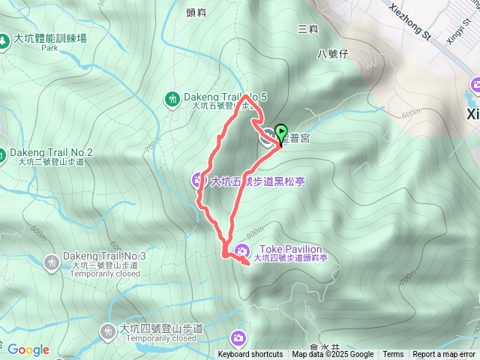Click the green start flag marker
pos(282,133)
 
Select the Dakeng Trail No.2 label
pos(50,152)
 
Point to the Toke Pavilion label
pos(290,249)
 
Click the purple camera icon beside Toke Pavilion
pos(243,250)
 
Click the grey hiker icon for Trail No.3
pos(51,262)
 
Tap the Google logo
pos(28,349)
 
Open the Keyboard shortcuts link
pos(250,355)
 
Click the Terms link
pos(393,355)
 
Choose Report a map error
pos(445,355)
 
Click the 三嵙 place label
pos(307,28)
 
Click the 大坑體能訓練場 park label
pos(49,38)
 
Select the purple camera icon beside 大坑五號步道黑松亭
pos(199,178)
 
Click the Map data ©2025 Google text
pos(332,355)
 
